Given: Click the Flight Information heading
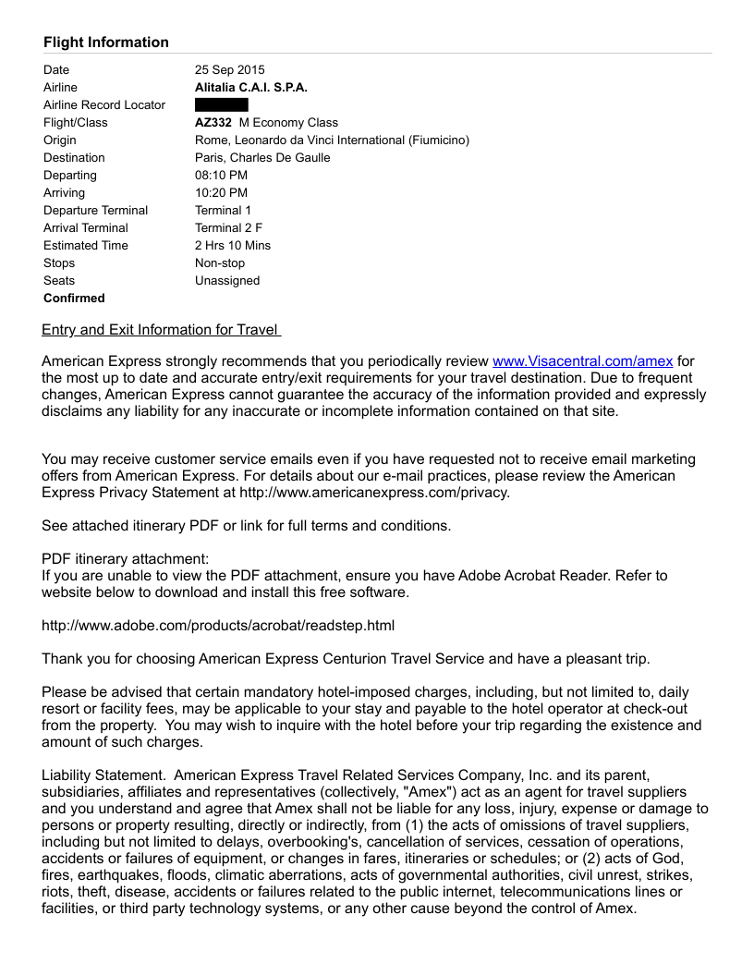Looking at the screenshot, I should pyautogui.click(x=105, y=43).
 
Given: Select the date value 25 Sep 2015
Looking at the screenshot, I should pyautogui.click(x=229, y=70).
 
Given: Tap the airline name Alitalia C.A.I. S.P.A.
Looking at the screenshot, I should pyautogui.click(x=250, y=88).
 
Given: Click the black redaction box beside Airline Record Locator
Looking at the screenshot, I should pyautogui.click(x=221, y=105).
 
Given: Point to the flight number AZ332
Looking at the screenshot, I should pyautogui.click(x=213, y=123).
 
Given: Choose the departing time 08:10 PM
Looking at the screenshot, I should pyautogui.click(x=221, y=176).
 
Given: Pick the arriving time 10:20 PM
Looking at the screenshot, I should pyautogui.click(x=221, y=193).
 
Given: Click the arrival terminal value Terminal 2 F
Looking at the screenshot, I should pyautogui.click(x=228, y=228).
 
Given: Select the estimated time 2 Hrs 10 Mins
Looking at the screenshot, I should pyautogui.click(x=233, y=246).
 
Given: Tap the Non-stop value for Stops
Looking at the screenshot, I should pyautogui.click(x=220, y=263).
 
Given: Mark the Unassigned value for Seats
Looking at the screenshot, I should pyautogui.click(x=227, y=281).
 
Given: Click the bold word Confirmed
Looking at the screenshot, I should pyautogui.click(x=74, y=299).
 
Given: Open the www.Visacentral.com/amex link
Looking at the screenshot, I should pyautogui.click(x=582, y=361).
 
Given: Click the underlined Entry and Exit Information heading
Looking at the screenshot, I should pyautogui.click(x=161, y=331).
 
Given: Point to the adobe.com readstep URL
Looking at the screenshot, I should pyautogui.click(x=218, y=626).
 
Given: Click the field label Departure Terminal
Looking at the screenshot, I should pyautogui.click(x=95, y=211).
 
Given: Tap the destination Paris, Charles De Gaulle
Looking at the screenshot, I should pyautogui.click(x=262, y=158).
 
